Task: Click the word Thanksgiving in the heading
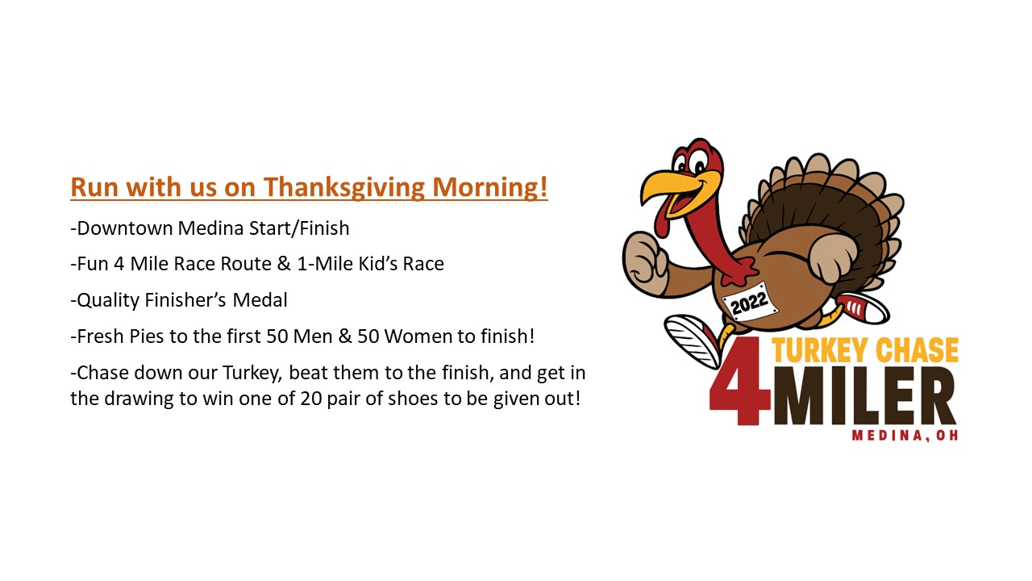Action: point(344,187)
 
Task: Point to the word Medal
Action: point(260,300)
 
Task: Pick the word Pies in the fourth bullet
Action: point(156,336)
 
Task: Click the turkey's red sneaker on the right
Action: point(863,308)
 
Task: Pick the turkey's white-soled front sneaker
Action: point(692,339)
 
